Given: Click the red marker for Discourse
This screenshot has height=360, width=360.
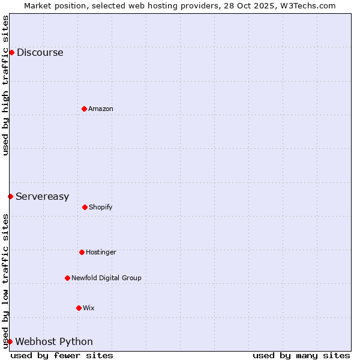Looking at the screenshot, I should (11, 52).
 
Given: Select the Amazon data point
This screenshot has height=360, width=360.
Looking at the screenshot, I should (84, 109).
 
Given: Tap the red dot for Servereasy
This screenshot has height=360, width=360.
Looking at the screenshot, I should (10, 196).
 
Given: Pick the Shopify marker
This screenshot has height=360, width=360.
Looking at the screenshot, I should (85, 207).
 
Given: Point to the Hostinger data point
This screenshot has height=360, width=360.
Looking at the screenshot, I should (82, 252).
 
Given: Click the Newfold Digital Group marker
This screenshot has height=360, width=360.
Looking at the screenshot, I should (67, 278).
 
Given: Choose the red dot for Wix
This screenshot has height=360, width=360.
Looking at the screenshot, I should (79, 308).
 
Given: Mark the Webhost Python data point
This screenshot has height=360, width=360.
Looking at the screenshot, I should (10, 341).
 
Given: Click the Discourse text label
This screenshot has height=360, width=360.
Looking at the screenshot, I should (40, 53).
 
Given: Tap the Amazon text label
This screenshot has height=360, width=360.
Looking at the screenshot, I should (101, 109).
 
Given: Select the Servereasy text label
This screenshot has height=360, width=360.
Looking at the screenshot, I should (42, 197).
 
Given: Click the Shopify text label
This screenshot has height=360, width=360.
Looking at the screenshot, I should (101, 208).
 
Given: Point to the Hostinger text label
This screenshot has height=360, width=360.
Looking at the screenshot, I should (101, 253).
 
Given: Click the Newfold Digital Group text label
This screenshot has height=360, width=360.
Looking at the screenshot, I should (106, 278).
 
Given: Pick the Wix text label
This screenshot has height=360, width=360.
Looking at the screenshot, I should (89, 308).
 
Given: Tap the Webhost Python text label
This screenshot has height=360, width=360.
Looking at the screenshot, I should (54, 342).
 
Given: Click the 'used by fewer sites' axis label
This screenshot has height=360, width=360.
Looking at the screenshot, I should (62, 355).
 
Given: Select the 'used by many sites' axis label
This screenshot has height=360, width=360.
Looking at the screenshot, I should (301, 355).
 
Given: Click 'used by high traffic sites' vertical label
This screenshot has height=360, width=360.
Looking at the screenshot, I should (5, 85).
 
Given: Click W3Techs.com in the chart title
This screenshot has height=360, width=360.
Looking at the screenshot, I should (307, 5).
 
